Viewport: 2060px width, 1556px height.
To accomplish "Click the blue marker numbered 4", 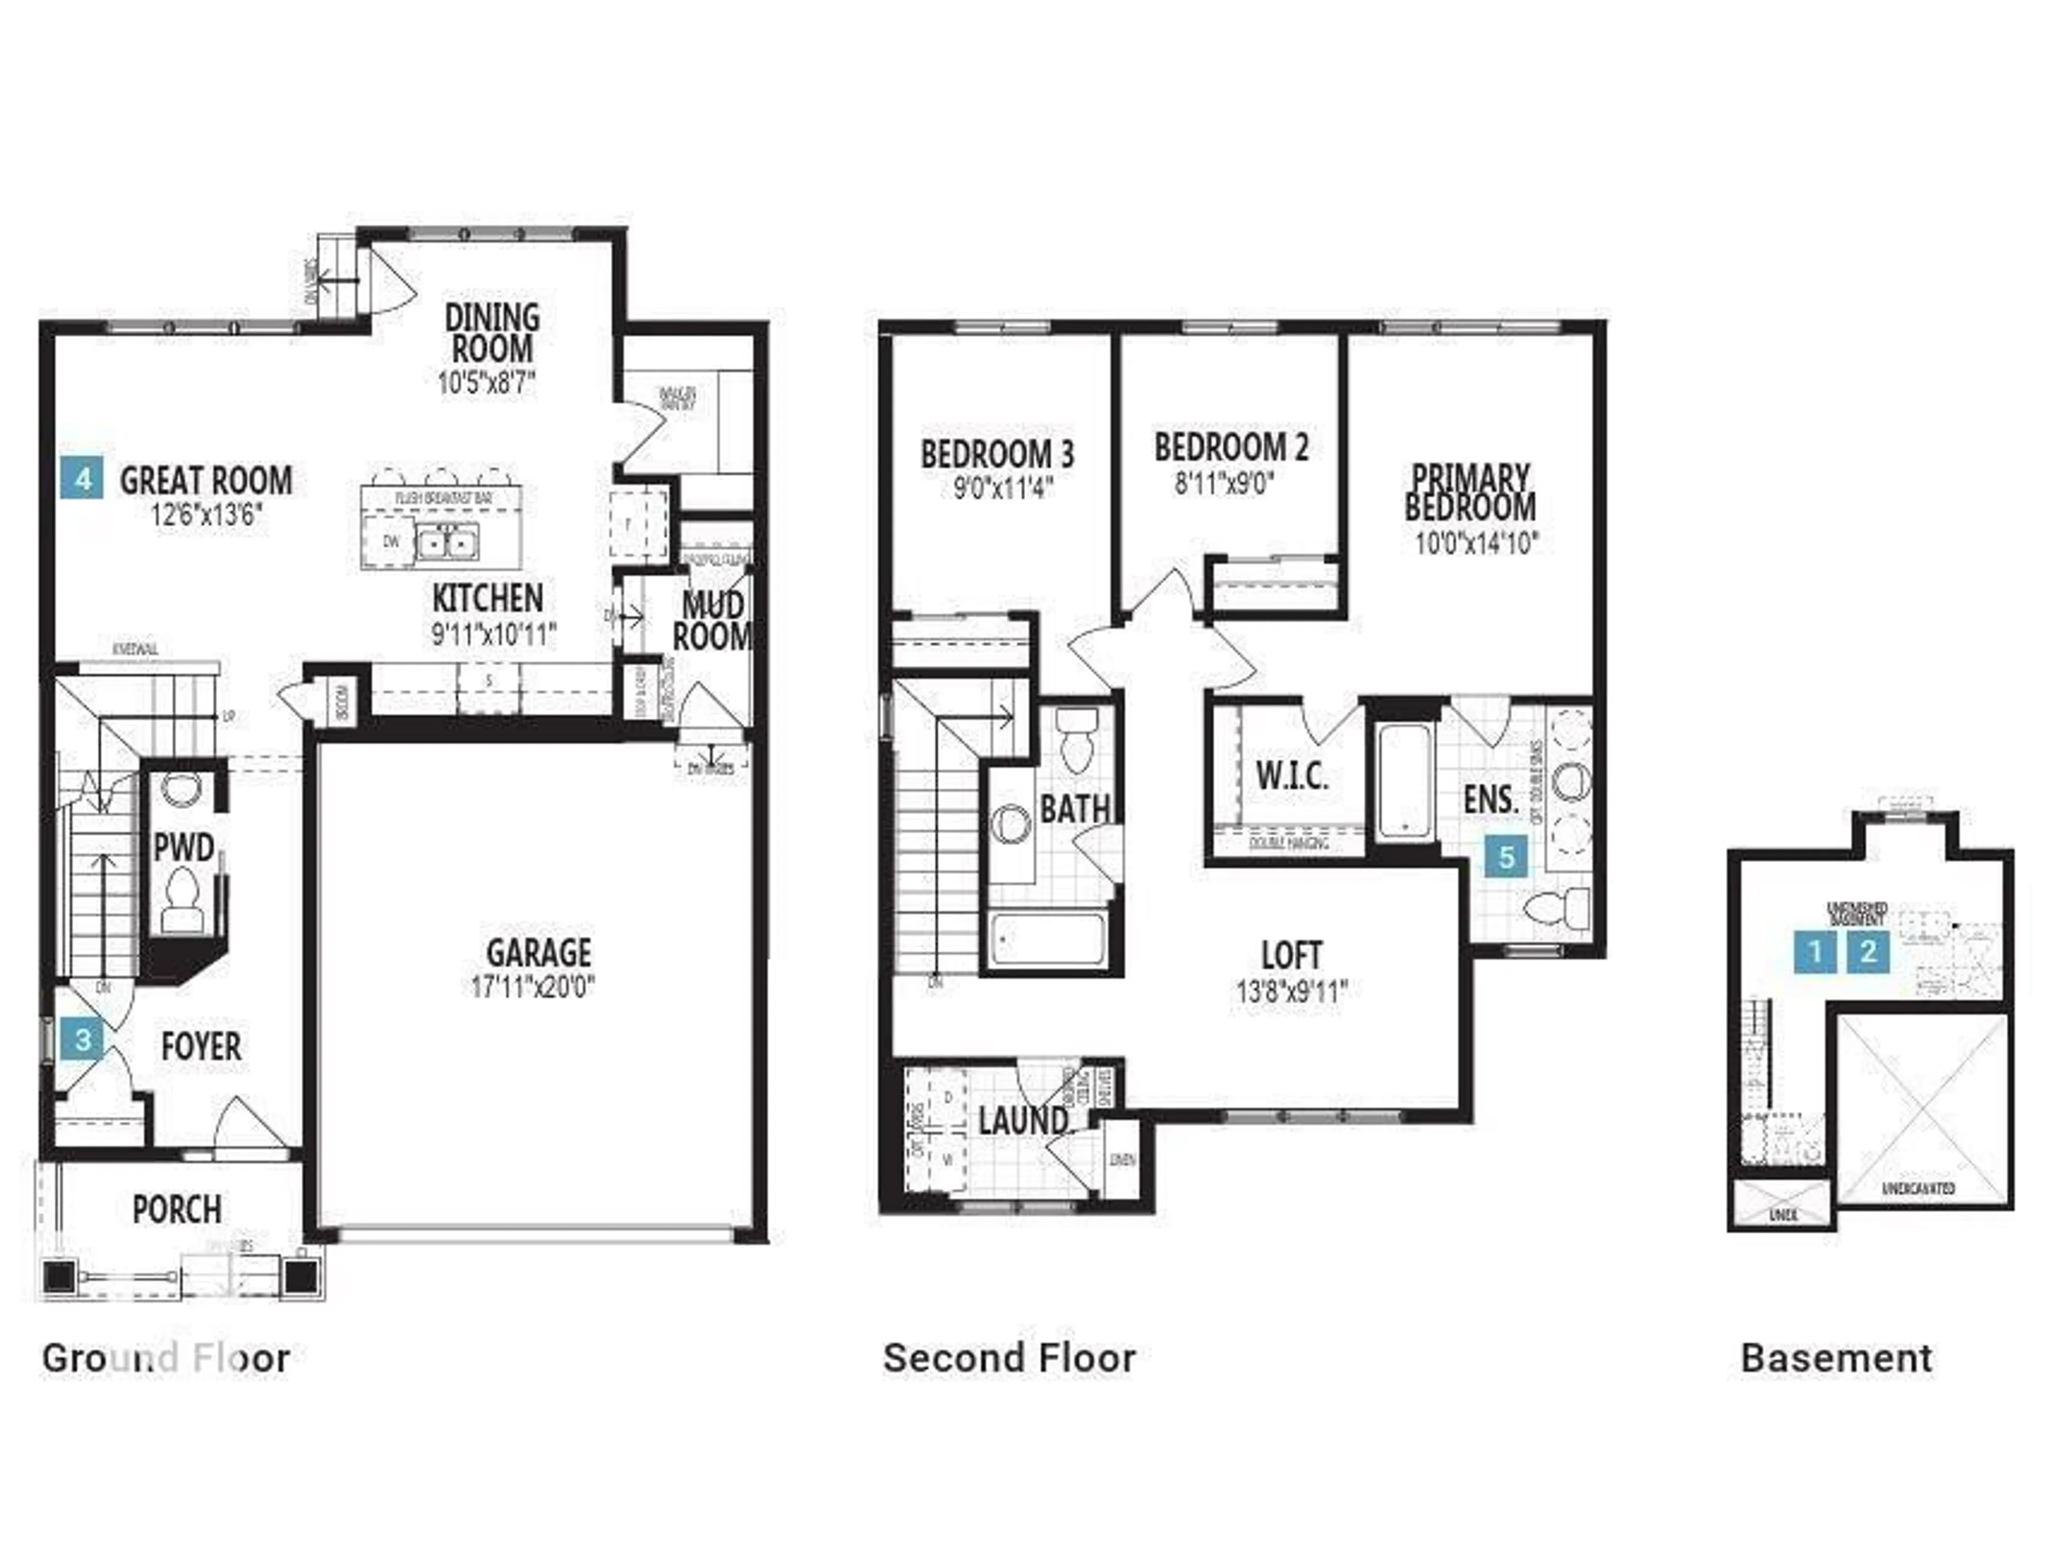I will pos(84,480).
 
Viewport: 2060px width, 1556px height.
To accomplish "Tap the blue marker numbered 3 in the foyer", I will pos(83,1038).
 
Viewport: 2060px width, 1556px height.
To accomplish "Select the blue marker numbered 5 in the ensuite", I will pos(1506,856).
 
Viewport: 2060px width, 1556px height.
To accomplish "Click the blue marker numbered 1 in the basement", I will pos(1815,952).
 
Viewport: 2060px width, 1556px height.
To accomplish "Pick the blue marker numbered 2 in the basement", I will pos(1867,952).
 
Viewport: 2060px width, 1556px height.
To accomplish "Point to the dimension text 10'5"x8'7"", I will pos(487,383).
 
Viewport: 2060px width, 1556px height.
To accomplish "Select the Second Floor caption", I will pos(1010,1358).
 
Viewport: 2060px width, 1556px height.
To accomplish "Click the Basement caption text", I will pos(1836,1358).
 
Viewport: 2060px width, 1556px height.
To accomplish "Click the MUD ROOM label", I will pos(712,621).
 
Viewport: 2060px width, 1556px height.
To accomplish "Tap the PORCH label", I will pos(177,1210).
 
